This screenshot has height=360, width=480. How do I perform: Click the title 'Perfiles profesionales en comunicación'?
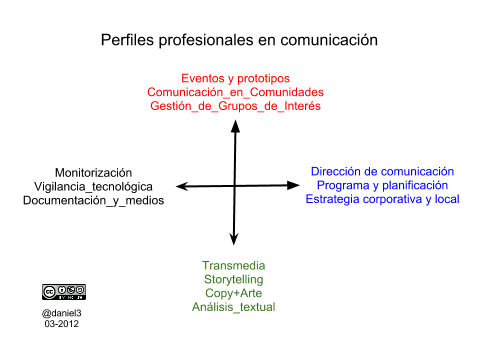(x=239, y=40)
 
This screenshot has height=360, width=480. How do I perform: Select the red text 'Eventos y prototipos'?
(x=235, y=79)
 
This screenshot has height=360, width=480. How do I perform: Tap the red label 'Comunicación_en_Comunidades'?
(x=235, y=92)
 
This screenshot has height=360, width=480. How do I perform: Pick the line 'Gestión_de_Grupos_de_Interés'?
(x=235, y=106)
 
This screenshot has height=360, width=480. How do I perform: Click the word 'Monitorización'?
(x=93, y=173)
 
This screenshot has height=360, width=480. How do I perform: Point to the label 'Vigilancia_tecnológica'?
(x=93, y=187)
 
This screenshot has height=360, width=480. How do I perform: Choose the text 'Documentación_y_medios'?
(x=93, y=200)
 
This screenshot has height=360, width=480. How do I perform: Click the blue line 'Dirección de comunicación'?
(x=382, y=171)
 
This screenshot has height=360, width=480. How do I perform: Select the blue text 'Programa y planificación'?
(x=382, y=185)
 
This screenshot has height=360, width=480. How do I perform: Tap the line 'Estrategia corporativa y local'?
(x=382, y=199)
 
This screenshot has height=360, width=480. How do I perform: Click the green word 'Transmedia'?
(x=233, y=266)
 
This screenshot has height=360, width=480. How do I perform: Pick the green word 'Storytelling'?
(x=233, y=280)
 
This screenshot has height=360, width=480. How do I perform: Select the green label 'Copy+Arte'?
(x=233, y=293)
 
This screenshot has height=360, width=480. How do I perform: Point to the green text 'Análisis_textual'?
(x=233, y=307)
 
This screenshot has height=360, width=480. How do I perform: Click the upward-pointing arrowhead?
(x=236, y=126)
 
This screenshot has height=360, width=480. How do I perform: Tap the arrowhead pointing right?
(x=293, y=185)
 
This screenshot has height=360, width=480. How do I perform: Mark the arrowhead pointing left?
(x=182, y=186)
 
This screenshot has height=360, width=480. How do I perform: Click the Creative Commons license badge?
(x=64, y=292)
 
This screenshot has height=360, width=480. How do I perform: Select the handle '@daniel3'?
(x=62, y=313)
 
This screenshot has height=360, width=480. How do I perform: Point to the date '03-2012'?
(x=62, y=324)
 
